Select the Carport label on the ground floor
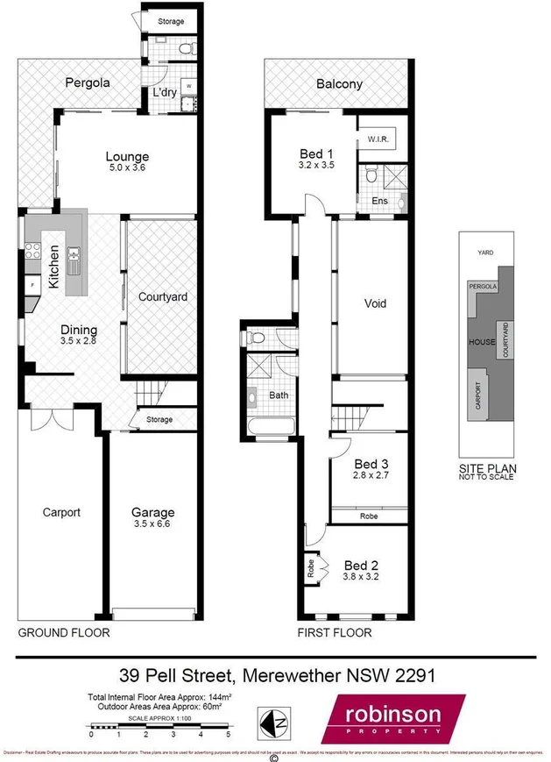(61, 513)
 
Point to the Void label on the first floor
(375, 304)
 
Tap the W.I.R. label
(378, 139)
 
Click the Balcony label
(339, 85)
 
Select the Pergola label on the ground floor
(88, 84)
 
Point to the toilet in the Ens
(371, 177)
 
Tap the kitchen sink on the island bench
(74, 256)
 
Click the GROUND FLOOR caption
(64, 632)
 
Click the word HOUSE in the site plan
(482, 341)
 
